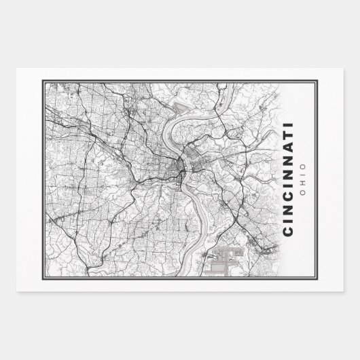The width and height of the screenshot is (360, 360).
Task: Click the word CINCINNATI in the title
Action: tap(288, 179)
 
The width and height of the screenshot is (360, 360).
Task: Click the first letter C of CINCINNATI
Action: tap(288, 232)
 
